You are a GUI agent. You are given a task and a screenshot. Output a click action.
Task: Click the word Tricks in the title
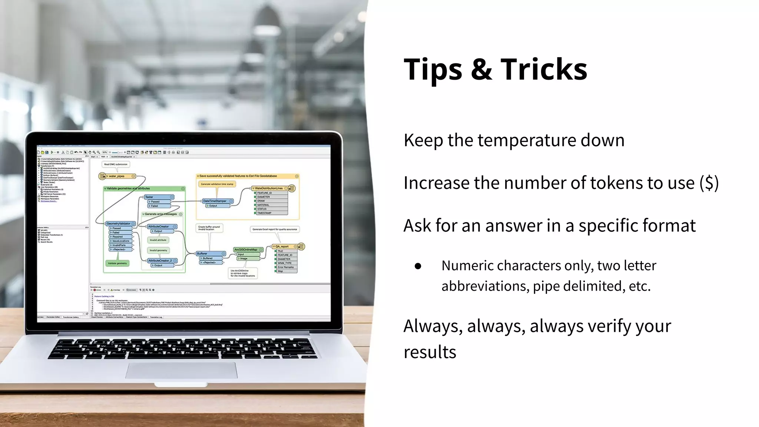544,69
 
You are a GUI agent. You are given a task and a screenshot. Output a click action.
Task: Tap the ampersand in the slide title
481,69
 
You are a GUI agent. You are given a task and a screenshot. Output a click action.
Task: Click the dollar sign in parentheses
709,183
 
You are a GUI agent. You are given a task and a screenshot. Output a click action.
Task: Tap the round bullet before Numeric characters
418,266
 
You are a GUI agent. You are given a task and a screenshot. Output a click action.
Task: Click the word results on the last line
430,352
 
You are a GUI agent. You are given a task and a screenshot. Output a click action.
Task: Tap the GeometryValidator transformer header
120,224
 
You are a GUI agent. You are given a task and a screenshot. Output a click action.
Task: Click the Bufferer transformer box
210,254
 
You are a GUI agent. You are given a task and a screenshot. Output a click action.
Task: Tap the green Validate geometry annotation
117,263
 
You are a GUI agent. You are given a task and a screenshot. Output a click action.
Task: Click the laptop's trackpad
181,370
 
